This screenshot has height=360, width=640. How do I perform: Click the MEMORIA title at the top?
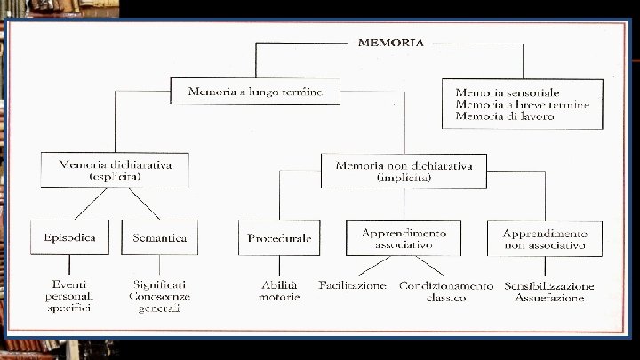(390, 42)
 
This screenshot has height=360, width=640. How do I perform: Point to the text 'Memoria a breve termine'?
(522, 104)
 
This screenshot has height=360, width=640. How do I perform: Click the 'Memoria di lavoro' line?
(504, 116)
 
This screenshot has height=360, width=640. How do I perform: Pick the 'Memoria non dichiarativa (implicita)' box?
(404, 170)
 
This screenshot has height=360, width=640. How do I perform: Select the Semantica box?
(159, 237)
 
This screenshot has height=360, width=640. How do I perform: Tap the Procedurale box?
(279, 238)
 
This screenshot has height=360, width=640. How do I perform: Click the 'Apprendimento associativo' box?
(403, 237)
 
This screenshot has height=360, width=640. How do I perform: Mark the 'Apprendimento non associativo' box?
(545, 237)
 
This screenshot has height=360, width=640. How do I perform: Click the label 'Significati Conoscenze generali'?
(159, 296)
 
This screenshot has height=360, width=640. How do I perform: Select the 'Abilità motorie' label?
(279, 291)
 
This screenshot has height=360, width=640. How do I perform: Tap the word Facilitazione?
(353, 285)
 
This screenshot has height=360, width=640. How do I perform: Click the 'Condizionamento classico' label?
(445, 291)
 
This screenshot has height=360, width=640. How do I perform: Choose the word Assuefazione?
(549, 298)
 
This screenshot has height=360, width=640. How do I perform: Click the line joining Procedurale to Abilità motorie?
(279, 267)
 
